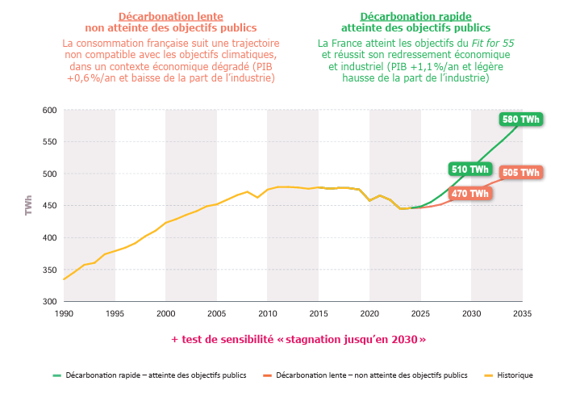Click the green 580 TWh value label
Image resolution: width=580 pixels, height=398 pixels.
[x=520, y=119]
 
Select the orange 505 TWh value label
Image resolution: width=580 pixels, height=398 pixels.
[x=520, y=173]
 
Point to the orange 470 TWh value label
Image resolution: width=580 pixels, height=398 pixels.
[x=469, y=194]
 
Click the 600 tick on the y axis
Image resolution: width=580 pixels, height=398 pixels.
[x=49, y=111]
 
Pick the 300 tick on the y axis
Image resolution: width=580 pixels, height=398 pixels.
[x=49, y=302]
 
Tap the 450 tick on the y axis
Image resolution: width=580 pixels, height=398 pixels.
[x=49, y=206]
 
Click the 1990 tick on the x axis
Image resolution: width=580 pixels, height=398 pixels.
[x=64, y=313]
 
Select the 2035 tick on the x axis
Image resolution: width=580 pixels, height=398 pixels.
[x=522, y=313]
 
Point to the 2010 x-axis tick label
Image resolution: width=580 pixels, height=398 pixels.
[x=267, y=313]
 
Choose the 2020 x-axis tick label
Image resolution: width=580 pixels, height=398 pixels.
[x=369, y=313]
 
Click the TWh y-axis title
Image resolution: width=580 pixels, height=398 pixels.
[x=29, y=205]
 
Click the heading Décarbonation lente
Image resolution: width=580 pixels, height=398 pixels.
[x=170, y=16]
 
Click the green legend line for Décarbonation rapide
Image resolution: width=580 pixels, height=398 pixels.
[x=56, y=375]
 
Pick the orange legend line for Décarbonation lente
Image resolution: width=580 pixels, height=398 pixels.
[x=265, y=375]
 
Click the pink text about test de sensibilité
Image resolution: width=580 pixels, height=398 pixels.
[x=298, y=340]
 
